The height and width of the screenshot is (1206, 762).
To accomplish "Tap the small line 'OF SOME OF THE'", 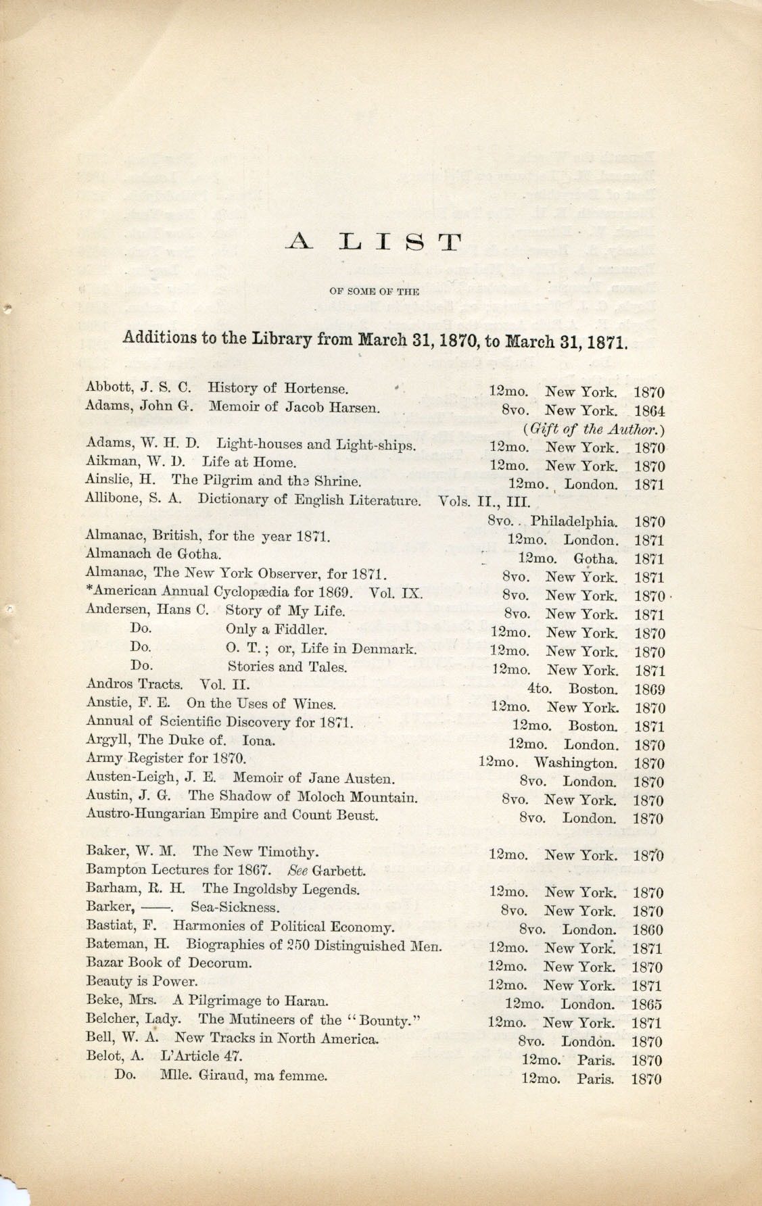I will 374,291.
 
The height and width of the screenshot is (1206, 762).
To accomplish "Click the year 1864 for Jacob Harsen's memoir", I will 649,410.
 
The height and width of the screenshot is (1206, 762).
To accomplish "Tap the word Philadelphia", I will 573,521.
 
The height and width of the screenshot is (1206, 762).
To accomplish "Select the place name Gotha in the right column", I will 595,558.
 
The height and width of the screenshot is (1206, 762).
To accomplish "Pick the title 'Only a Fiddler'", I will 277,629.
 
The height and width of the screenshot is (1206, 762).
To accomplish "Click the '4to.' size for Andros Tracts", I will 540,690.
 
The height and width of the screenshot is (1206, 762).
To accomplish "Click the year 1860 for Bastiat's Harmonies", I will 648,930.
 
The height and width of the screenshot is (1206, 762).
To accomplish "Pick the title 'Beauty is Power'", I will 142,982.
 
